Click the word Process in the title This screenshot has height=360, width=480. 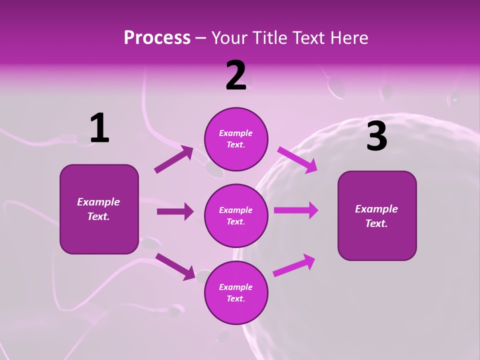[x=157, y=38]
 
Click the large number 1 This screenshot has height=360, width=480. [x=99, y=128]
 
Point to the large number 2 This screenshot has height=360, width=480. [x=236, y=75]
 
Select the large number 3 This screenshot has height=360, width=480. [x=376, y=136]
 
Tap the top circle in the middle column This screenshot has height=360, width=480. [x=236, y=139]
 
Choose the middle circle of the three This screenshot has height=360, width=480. [x=236, y=216]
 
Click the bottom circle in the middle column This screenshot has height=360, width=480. [x=236, y=293]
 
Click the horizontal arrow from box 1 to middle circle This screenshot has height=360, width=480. [x=175, y=211]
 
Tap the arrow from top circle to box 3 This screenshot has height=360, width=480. [x=297, y=160]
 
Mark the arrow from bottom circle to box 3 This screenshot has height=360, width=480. [x=294, y=265]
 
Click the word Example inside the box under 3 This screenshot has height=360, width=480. [x=376, y=209]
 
